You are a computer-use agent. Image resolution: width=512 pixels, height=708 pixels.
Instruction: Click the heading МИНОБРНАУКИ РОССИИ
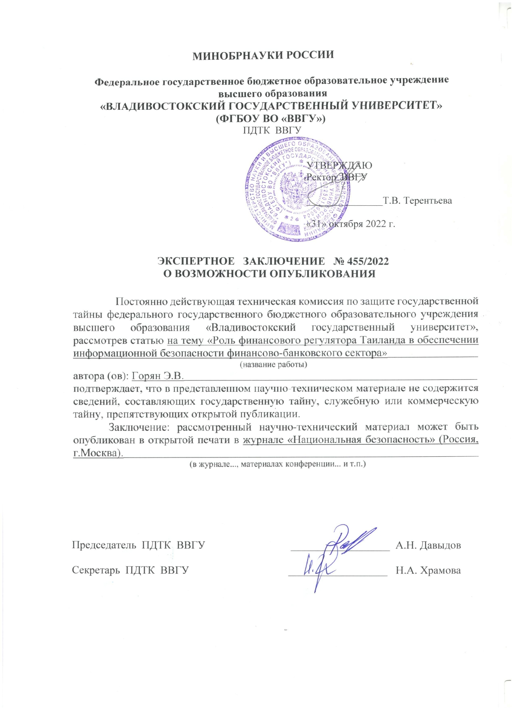[263, 55]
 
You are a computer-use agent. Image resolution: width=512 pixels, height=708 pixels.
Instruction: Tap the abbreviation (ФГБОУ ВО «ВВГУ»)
[271, 119]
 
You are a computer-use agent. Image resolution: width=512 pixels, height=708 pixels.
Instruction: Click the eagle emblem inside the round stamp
[293, 188]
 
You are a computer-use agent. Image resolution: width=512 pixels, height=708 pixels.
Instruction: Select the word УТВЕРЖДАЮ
[339, 165]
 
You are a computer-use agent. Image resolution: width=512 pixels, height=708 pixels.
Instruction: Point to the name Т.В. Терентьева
[417, 200]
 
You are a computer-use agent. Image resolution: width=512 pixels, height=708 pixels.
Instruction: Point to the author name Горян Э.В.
[158, 376]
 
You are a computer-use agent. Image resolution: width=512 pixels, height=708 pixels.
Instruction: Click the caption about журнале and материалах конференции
[278, 464]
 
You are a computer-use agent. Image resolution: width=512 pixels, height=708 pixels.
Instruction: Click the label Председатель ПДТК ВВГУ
[138, 545]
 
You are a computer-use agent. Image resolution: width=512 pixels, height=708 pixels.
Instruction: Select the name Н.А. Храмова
[428, 570]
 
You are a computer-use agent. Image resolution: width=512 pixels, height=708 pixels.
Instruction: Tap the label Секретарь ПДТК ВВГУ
[130, 570]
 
